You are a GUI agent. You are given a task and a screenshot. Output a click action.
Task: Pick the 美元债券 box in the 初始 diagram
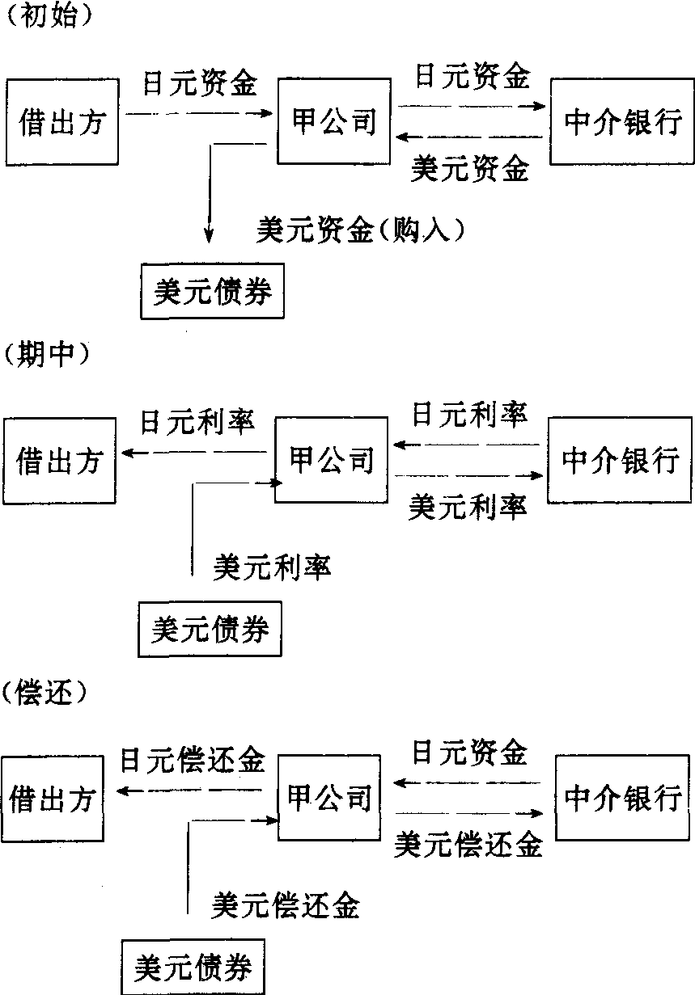coord(213,292)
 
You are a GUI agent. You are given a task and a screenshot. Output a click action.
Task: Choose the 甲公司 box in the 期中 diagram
coord(332,460)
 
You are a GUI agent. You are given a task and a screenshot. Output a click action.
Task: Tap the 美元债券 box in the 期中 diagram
coord(210,629)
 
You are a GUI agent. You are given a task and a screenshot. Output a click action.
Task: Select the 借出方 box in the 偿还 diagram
coord(52,799)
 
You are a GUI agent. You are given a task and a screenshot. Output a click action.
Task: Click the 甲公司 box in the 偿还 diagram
coord(329,798)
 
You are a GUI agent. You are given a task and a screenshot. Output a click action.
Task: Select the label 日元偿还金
coord(192,761)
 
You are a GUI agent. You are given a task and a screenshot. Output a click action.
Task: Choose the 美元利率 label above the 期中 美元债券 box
coord(272,566)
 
